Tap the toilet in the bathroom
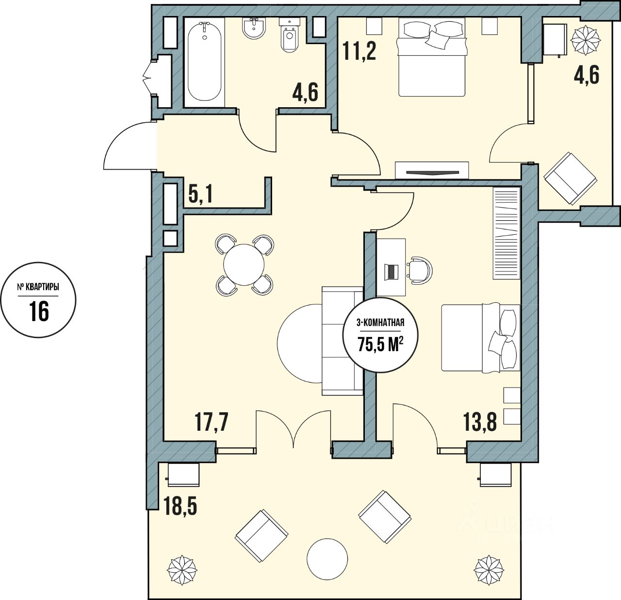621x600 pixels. click(290, 36)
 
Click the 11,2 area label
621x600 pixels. click(360, 50)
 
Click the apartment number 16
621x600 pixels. click(39, 311)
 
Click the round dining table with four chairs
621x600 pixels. click(244, 265)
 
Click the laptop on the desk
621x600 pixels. click(391, 272)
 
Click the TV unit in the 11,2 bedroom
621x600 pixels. click(432, 171)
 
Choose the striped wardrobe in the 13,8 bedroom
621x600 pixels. click(507, 233)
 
